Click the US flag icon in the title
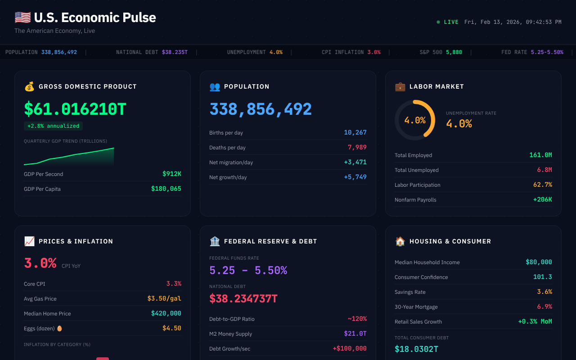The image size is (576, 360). tap(22, 18)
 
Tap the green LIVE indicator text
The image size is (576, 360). tap(451, 22)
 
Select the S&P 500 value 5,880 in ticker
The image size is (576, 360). tap(454, 52)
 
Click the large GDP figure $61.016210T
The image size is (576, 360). tap(75, 109)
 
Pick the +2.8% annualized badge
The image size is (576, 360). tap(53, 126)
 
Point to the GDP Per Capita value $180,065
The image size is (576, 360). tap(166, 189)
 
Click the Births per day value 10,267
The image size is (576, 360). tap(355, 133)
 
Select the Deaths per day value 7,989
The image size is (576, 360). tap(357, 148)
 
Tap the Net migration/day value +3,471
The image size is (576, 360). tap(355, 162)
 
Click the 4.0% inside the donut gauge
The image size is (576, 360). tap(414, 120)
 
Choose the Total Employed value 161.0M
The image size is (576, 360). tap(540, 155)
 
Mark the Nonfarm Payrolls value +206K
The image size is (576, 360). tap(542, 200)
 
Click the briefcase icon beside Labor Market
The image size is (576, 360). tap(400, 86)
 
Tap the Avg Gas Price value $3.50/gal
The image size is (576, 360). tap(164, 299)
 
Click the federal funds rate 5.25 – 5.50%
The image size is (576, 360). tap(248, 270)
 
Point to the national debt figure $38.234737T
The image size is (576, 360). tap(243, 298)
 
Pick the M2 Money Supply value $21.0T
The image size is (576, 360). tap(355, 334)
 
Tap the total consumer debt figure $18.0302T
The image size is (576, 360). tap(416, 349)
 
